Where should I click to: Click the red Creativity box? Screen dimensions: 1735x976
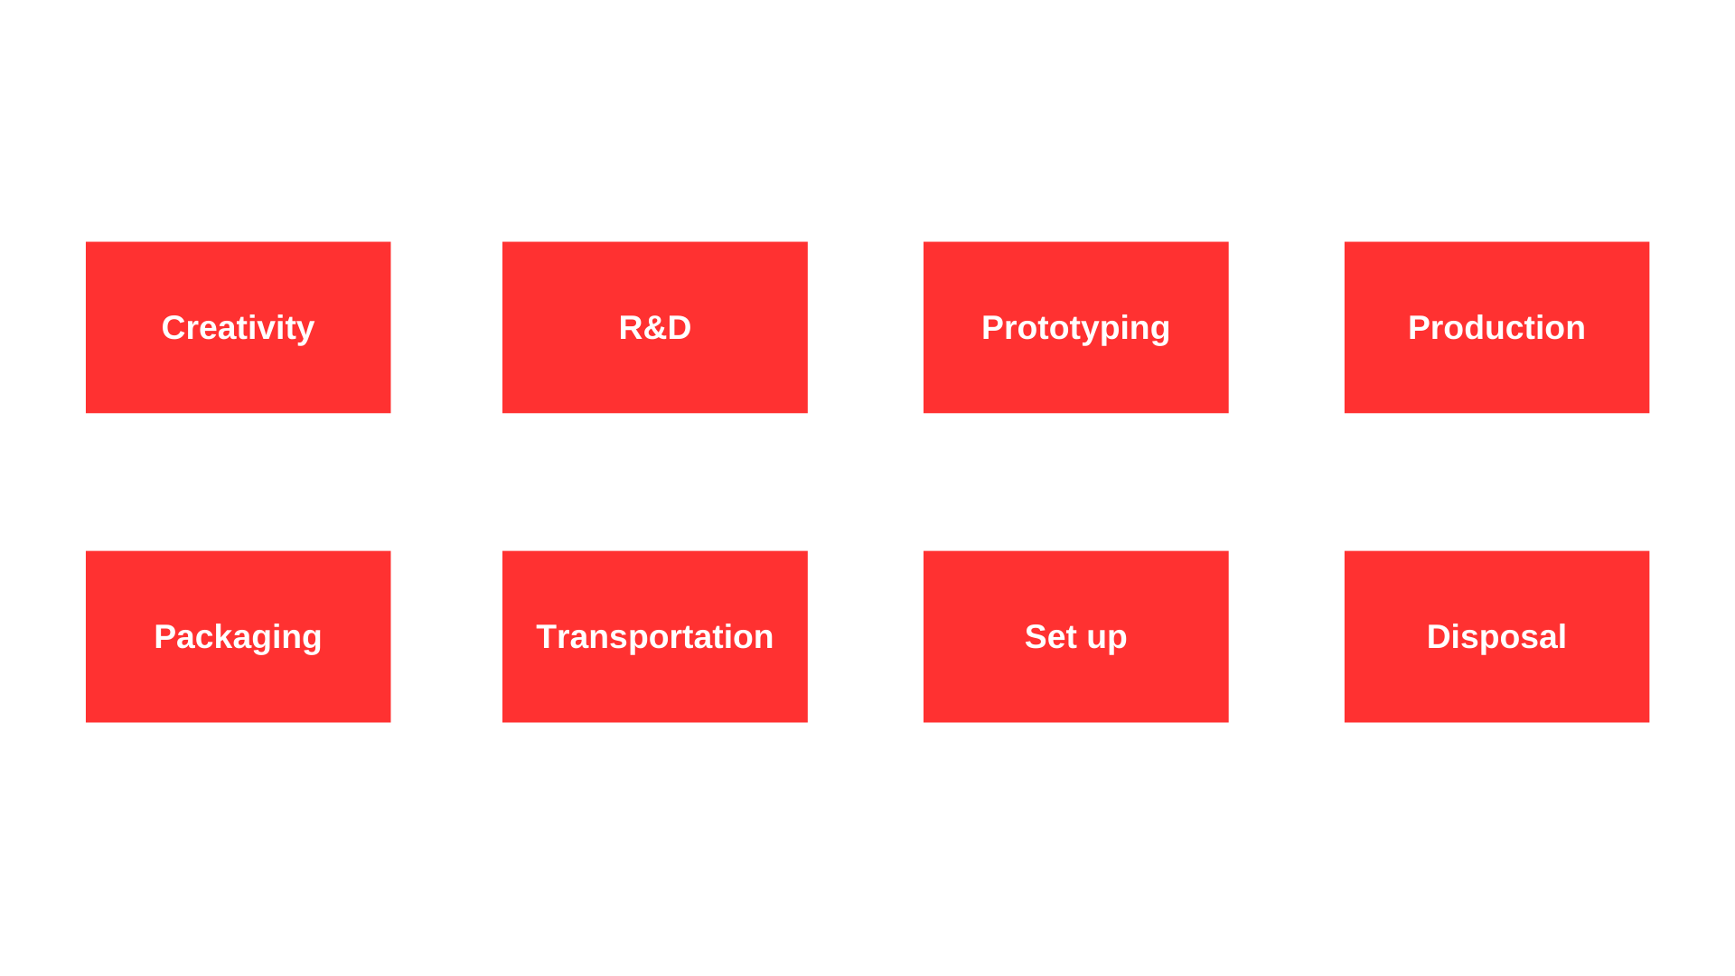point(238,327)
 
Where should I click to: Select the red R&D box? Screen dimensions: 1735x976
point(655,327)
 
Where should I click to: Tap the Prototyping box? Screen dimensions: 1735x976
point(1075,327)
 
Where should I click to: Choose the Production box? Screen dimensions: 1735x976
point(1496,327)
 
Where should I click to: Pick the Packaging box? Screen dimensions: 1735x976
point(238,636)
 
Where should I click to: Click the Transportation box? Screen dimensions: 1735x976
point(655,636)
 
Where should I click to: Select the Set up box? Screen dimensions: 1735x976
point(1075,636)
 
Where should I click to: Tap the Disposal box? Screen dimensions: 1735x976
point(1496,636)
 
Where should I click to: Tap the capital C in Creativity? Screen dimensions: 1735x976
point(173,327)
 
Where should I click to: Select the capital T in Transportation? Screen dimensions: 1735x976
point(548,636)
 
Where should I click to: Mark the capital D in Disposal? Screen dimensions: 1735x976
point(1439,636)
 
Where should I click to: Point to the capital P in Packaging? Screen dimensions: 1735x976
point(164,636)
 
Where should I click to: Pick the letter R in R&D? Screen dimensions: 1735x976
point(631,327)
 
